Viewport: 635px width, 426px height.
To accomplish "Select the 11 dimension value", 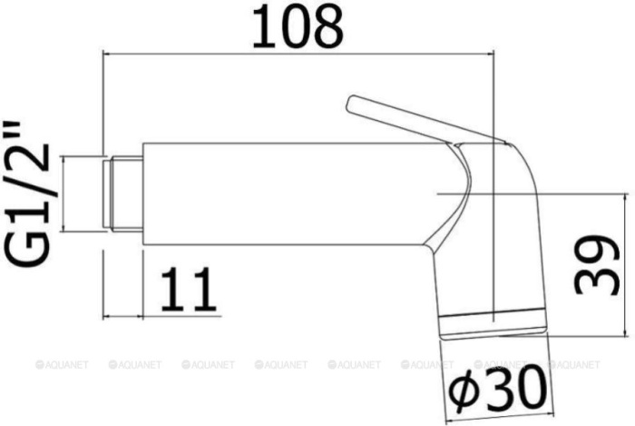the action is (188, 289).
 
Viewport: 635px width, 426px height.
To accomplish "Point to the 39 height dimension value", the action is (597, 264).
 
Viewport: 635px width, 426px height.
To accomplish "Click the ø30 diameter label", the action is (496, 388).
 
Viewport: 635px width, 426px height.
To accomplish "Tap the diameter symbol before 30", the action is (464, 389).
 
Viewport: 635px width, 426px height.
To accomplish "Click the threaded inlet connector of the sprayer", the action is (122, 193).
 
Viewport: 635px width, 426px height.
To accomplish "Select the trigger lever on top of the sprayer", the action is (426, 121).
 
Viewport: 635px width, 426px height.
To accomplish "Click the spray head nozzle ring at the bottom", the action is (493, 325).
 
